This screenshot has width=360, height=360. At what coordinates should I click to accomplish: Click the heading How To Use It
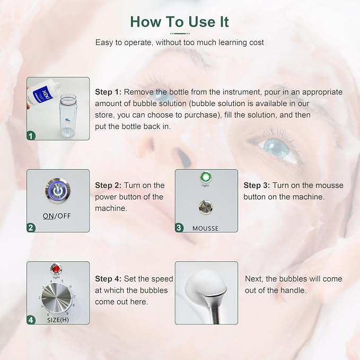179,22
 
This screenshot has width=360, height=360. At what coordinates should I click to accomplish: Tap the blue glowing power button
58,190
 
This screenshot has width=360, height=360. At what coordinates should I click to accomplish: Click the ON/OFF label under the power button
57,216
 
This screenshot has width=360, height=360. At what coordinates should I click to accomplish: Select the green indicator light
206,177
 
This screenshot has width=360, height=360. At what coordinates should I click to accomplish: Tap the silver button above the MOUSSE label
206,207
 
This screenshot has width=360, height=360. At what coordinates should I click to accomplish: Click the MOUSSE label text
206,229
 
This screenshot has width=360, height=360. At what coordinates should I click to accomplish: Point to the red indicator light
56,269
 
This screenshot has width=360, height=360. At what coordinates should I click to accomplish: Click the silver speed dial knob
57,297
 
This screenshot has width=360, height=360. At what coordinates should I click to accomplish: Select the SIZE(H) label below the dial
58,320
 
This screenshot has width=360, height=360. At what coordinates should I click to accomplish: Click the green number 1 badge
31,136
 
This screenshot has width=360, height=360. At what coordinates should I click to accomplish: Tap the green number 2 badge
31,228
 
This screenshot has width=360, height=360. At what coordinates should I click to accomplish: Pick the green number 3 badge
179,228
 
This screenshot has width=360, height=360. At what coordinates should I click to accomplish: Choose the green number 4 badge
31,320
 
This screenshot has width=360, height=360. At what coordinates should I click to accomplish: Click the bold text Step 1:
108,92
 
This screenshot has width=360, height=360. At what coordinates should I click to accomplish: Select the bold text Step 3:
257,185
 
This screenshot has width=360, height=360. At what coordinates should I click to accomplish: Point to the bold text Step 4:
108,279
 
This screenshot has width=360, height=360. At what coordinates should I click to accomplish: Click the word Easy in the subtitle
104,43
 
